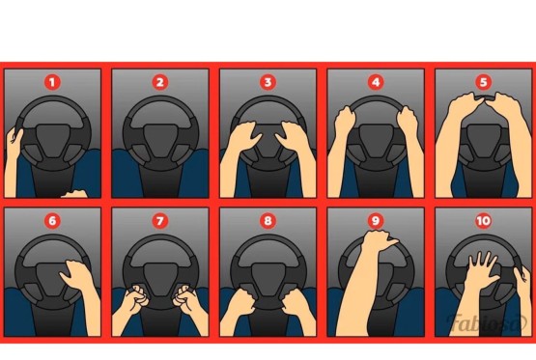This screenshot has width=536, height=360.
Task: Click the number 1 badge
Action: click(x=52, y=82)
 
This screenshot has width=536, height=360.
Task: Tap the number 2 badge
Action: click(x=160, y=82)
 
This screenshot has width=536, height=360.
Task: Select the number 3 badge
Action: click(x=268, y=82)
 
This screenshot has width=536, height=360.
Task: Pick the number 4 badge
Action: click(x=376, y=82)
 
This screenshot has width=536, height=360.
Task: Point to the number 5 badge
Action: click(x=483, y=82)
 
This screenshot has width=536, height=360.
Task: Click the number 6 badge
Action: click(x=52, y=221)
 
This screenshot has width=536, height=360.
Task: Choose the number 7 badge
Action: click(x=160, y=221)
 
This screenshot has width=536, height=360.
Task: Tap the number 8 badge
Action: click(x=268, y=221)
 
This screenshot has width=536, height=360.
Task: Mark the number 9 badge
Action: click(x=376, y=221)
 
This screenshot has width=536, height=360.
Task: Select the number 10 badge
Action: click(x=483, y=221)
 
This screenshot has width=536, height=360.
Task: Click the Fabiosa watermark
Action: click(x=487, y=322)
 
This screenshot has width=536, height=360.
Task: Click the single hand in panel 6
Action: click(x=77, y=275)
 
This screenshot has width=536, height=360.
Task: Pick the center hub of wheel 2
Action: click(x=160, y=141)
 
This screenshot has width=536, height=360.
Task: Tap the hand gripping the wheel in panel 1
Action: click(x=14, y=140)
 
